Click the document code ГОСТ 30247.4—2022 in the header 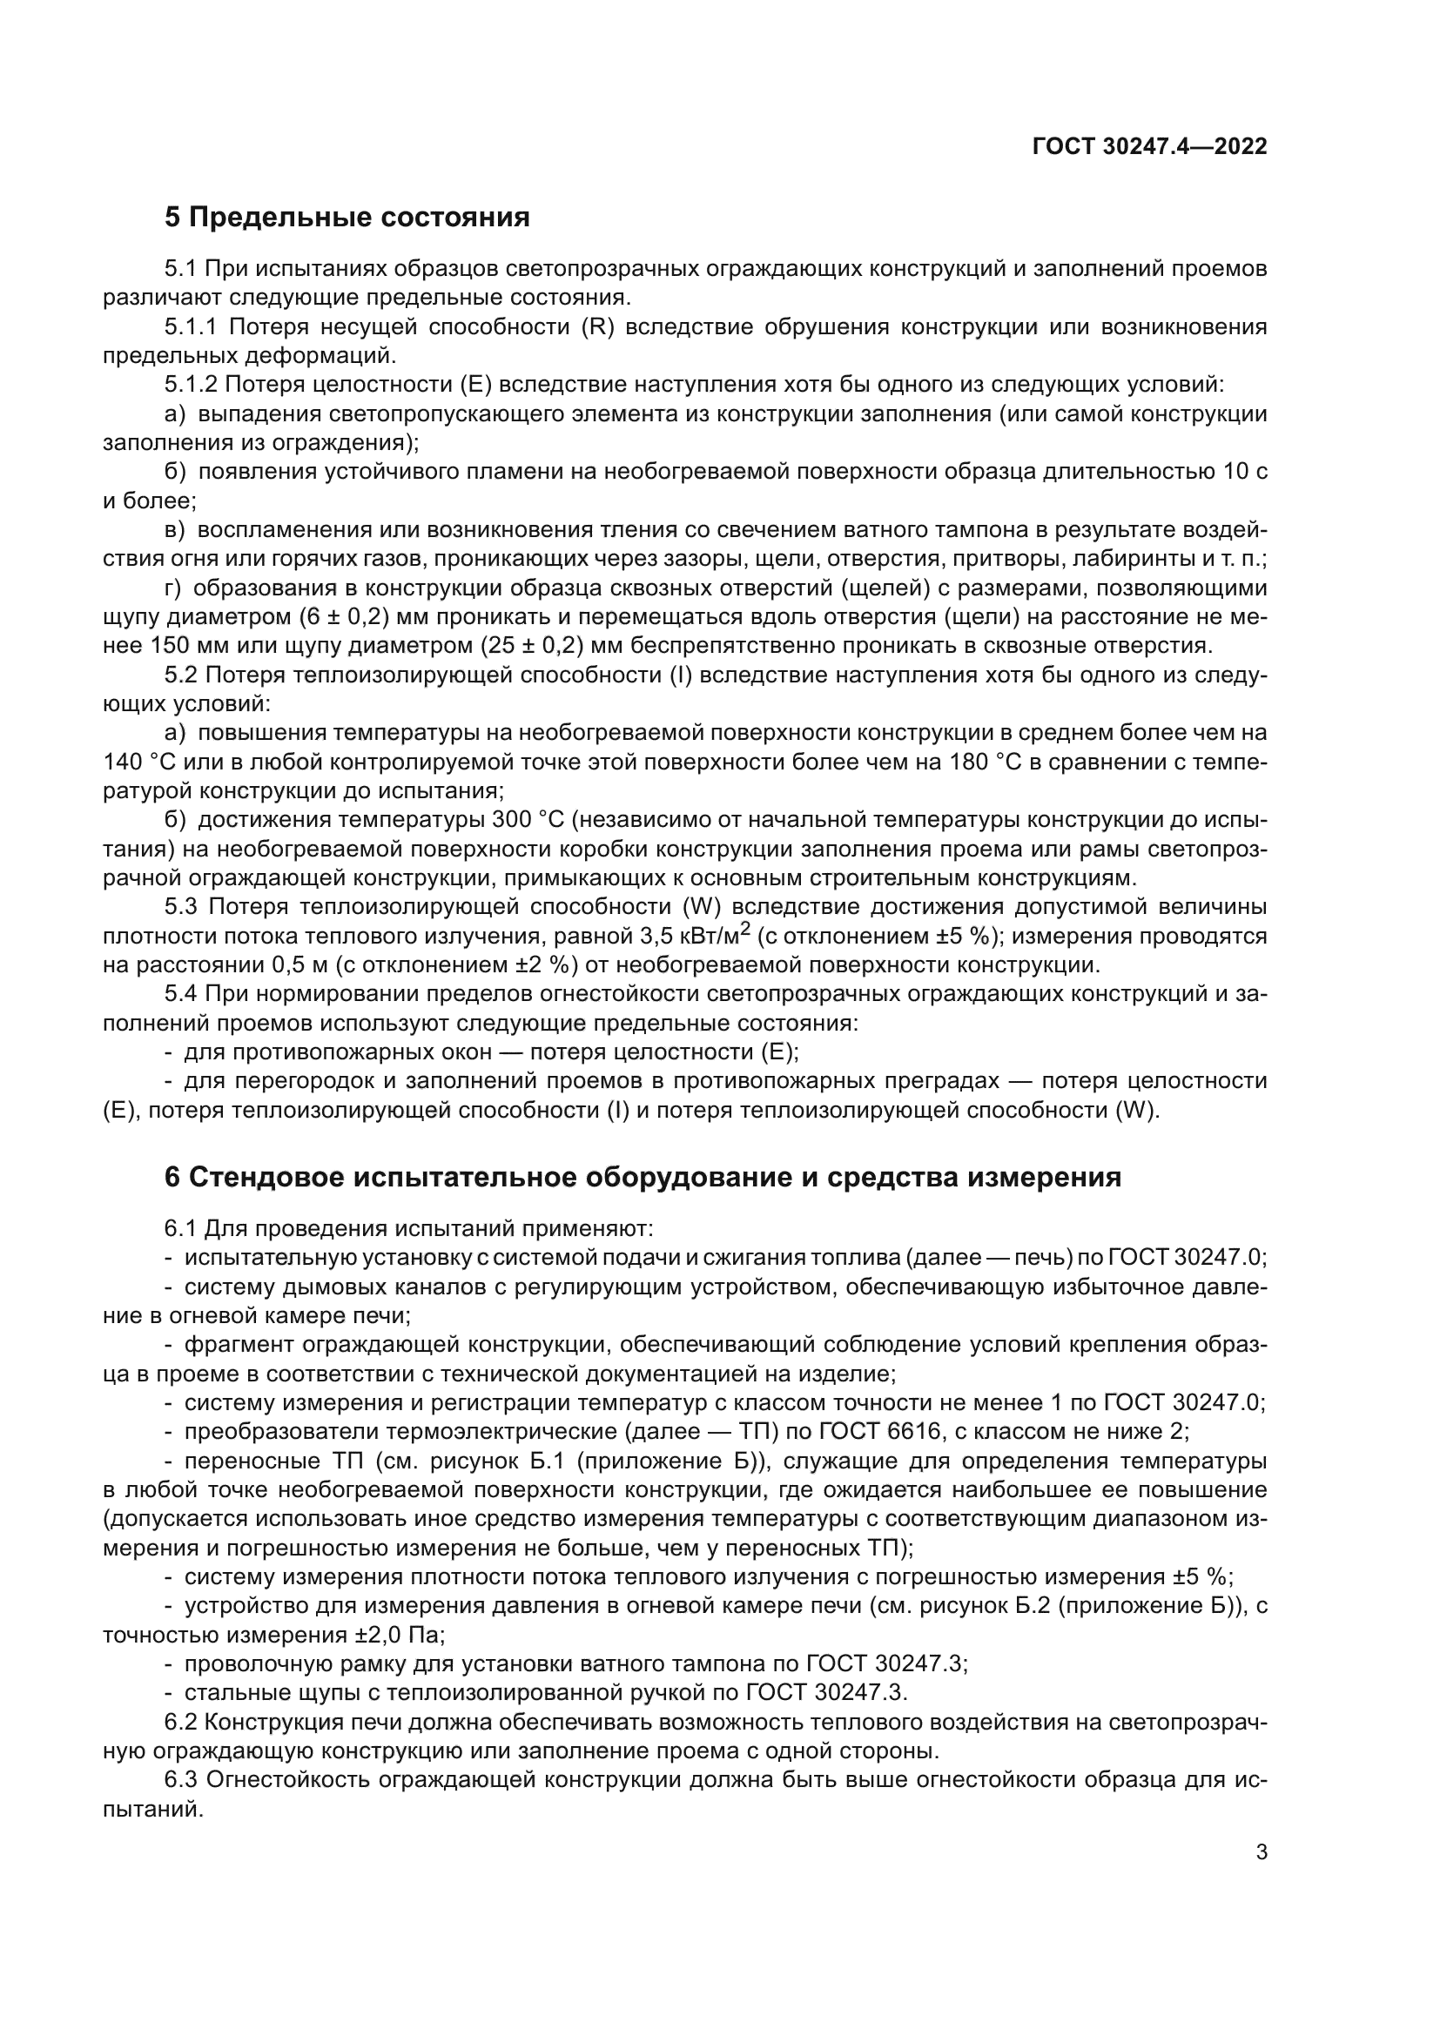(1149, 147)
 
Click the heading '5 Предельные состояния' (347, 218)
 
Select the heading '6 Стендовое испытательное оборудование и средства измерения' (643, 1177)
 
